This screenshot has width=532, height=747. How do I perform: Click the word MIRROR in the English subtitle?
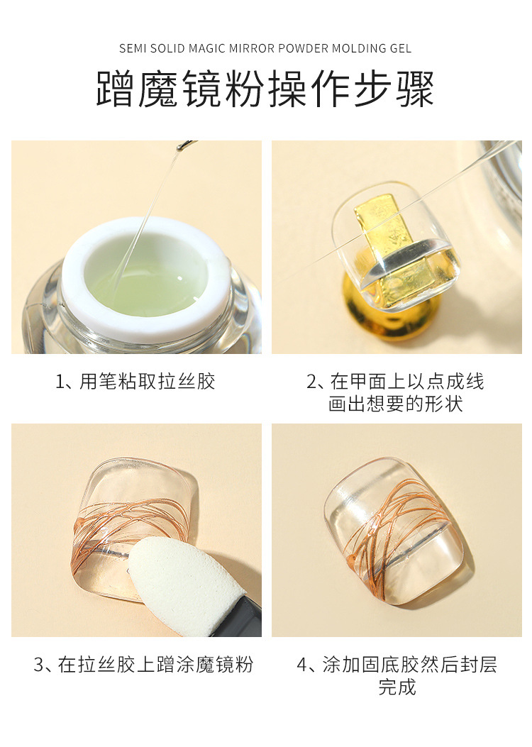pos(252,48)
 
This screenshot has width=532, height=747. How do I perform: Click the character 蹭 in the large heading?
pos(116,89)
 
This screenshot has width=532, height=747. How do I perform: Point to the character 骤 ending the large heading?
pos(416,89)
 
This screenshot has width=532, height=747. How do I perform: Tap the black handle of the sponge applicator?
pos(248,617)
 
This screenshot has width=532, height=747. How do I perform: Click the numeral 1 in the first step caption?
pos(60,382)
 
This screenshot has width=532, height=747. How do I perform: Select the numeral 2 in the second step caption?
pos(311,382)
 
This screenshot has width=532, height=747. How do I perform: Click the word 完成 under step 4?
pos(397,687)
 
